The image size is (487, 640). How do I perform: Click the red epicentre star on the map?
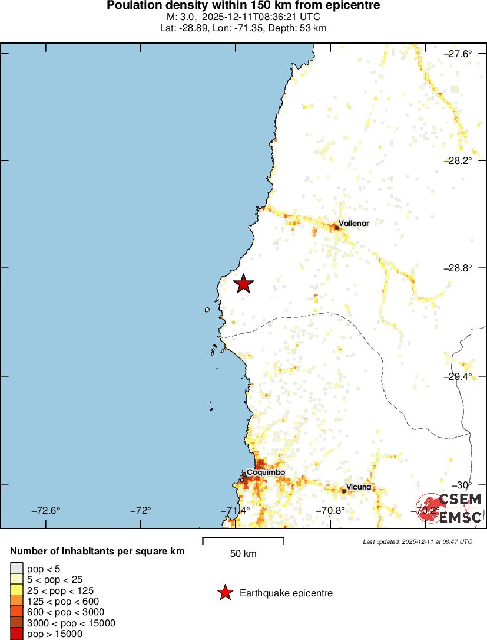[x=243, y=284]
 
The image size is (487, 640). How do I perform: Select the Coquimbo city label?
[x=266, y=472]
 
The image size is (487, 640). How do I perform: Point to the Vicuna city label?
[x=359, y=487]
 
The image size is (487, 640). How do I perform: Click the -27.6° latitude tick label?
[x=458, y=54]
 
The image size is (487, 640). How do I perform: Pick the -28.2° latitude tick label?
[x=458, y=160]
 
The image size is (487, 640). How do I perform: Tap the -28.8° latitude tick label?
[x=458, y=268]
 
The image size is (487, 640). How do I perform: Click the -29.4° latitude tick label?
[x=458, y=376]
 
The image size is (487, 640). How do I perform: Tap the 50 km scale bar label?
[x=243, y=554]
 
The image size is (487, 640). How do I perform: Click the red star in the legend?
[x=225, y=593]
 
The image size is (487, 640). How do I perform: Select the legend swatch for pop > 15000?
[x=16, y=634]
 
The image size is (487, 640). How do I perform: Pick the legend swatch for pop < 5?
[x=16, y=568]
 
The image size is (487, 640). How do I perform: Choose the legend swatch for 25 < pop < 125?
[x=16, y=590]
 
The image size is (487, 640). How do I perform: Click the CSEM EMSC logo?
[x=450, y=508]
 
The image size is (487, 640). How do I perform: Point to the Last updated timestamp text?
[x=418, y=541]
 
